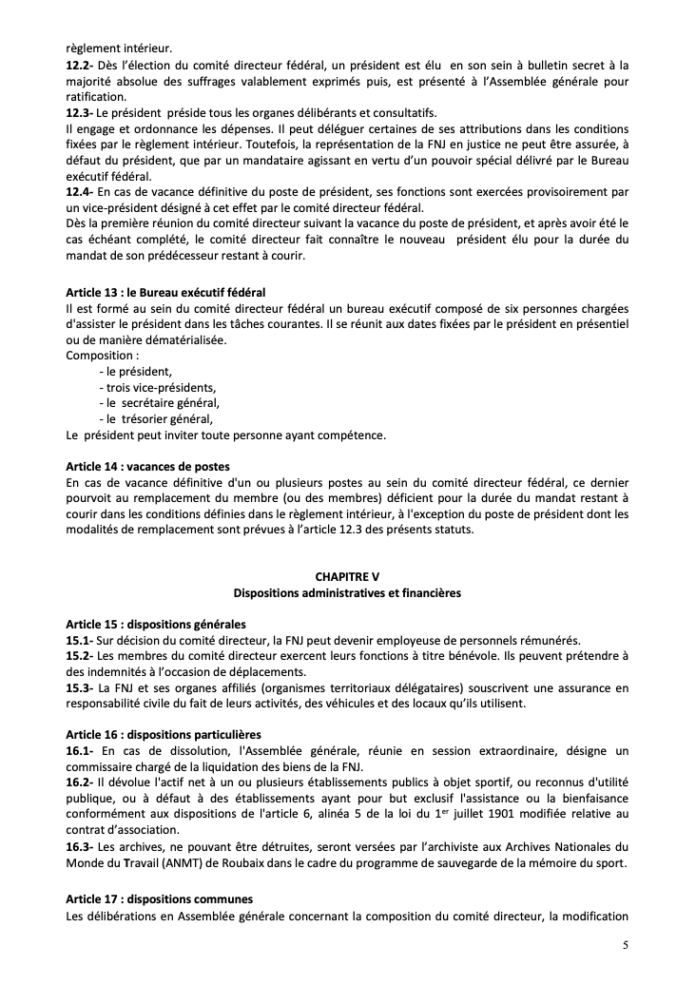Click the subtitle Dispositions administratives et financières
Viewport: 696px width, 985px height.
pyautogui.click(x=347, y=592)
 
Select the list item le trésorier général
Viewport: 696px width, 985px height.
pyautogui.click(x=155, y=418)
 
